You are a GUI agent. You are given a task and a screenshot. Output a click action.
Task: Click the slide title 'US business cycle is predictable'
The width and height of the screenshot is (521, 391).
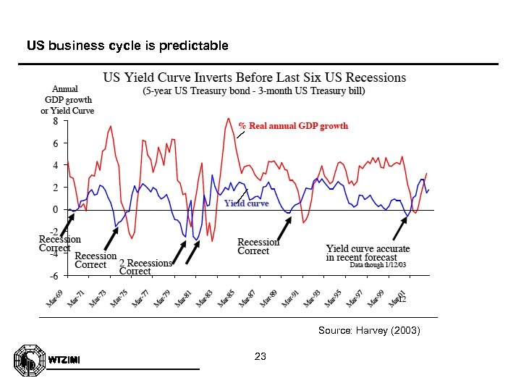pyautogui.click(x=127, y=46)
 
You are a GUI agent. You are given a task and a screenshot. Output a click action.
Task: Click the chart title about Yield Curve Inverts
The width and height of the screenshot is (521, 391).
pyautogui.click(x=254, y=77)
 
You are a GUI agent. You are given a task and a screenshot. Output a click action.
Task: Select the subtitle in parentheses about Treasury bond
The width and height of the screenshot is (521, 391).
pyautogui.click(x=254, y=91)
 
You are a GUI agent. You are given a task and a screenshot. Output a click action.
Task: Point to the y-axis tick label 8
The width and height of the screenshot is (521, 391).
pyautogui.click(x=55, y=122)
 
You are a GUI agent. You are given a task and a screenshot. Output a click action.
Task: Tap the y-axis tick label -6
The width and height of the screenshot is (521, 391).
pyautogui.click(x=54, y=276)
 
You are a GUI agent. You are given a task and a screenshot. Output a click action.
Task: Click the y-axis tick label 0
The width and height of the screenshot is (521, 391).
pyautogui.click(x=55, y=210)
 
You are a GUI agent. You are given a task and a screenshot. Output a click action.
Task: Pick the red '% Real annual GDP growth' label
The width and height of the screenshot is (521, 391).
pyautogui.click(x=293, y=125)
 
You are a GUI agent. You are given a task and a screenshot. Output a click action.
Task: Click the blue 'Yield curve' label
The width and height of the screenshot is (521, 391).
pyautogui.click(x=246, y=203)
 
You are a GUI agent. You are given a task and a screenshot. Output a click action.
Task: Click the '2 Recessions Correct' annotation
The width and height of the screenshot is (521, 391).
pyautogui.click(x=145, y=267)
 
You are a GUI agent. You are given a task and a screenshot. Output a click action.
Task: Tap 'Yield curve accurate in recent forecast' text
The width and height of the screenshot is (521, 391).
pyautogui.click(x=368, y=253)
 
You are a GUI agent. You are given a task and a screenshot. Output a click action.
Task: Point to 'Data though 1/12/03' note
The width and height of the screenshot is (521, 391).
pyautogui.click(x=378, y=265)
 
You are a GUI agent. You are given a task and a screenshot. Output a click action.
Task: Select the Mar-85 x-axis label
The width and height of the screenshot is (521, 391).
pyautogui.click(x=228, y=297)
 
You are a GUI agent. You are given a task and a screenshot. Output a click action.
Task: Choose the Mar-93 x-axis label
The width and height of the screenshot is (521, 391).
pyautogui.click(x=313, y=297)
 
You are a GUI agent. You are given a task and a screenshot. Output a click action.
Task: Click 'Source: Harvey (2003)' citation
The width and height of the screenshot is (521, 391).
pyautogui.click(x=369, y=330)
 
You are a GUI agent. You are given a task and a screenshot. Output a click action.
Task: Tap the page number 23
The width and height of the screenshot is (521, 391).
pyautogui.click(x=260, y=356)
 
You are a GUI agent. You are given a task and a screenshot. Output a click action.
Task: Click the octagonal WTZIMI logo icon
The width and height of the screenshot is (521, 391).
pyautogui.click(x=27, y=361)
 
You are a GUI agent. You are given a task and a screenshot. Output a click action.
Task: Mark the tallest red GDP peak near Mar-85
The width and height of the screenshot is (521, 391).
pyautogui.click(x=229, y=119)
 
